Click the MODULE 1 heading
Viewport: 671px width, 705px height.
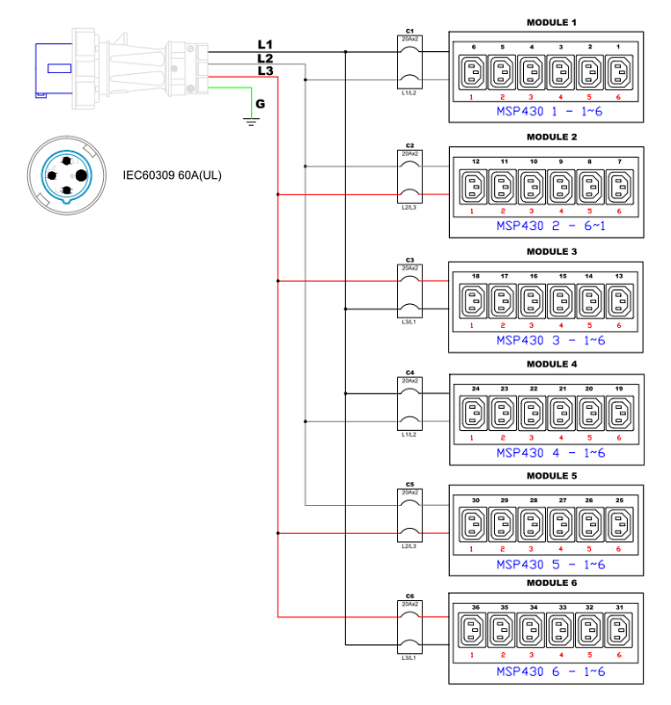pos(551,22)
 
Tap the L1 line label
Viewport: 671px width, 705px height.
pos(265,44)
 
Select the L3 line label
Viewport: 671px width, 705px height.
pos(265,70)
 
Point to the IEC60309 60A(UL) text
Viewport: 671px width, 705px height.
pos(172,175)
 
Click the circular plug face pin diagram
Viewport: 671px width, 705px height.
pos(67,173)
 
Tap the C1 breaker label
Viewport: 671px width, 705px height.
pos(409,31)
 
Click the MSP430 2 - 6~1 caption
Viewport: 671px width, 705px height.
pos(550,226)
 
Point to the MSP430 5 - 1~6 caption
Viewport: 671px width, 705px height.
pos(550,564)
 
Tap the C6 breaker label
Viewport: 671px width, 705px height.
pos(409,597)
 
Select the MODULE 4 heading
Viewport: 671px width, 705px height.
pos(551,363)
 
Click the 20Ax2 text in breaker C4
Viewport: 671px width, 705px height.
pos(410,381)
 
